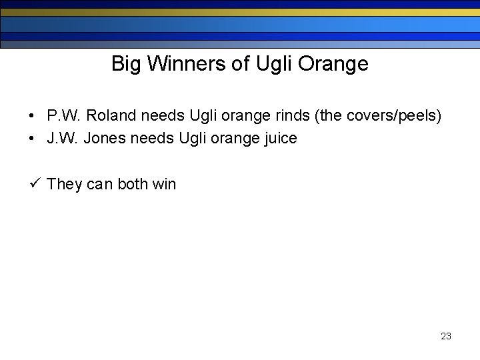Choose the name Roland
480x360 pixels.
[x=112, y=116]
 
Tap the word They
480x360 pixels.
[x=65, y=184]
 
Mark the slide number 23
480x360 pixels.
[x=446, y=336]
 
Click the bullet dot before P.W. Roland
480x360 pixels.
[x=33, y=117]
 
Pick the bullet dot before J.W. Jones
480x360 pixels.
[x=33, y=139]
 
